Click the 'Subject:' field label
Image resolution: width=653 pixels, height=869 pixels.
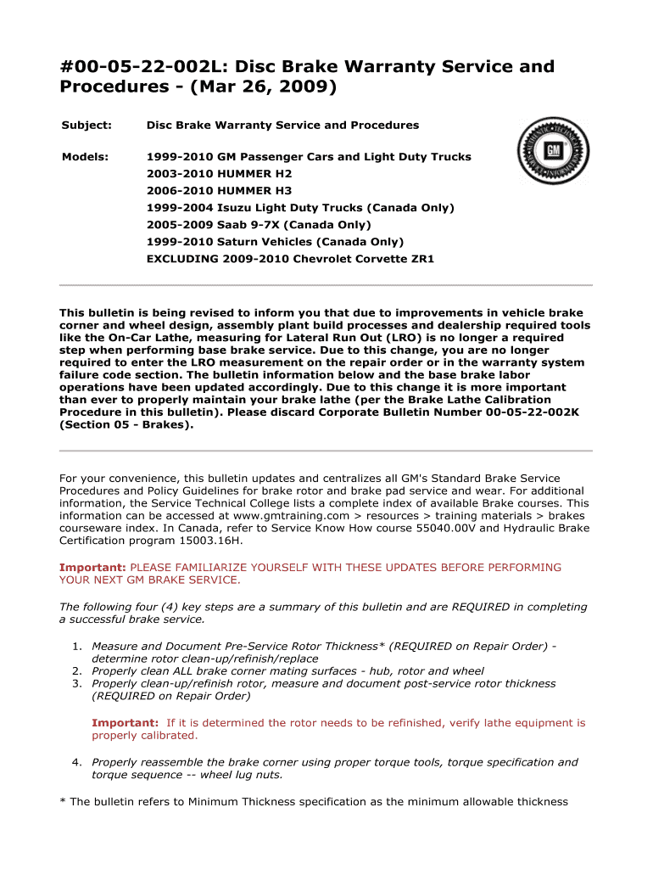(x=87, y=125)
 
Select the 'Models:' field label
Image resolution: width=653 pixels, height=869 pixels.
(x=85, y=157)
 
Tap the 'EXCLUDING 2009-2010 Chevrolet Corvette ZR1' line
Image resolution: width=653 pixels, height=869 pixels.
(x=290, y=258)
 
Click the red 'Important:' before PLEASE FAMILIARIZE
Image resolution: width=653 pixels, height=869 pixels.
(x=92, y=567)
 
